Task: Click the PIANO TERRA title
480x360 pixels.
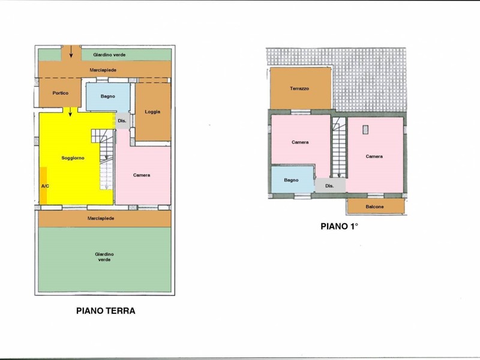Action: coord(106,311)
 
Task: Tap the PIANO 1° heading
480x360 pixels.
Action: coord(339,226)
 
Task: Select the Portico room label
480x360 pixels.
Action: coord(61,93)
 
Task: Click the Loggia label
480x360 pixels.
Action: coord(152,112)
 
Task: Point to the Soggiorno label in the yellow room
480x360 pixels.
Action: coord(73,158)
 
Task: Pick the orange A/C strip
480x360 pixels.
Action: coord(43,185)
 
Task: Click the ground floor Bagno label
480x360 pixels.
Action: coord(108,96)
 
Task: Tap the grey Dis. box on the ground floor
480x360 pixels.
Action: coord(122,121)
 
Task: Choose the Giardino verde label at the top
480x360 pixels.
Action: coord(109,55)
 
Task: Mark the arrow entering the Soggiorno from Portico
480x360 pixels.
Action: coord(70,112)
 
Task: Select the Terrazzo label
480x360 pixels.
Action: coord(299,88)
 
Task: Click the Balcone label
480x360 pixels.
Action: coord(374,206)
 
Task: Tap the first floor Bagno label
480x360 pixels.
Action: coord(291,180)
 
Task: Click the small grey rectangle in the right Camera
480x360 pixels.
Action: coord(365,130)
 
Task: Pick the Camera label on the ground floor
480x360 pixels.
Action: coord(142,175)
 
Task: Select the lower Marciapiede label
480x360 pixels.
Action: coord(101,218)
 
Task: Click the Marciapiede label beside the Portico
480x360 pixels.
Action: coord(103,70)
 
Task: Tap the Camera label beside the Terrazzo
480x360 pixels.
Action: coord(300,142)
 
